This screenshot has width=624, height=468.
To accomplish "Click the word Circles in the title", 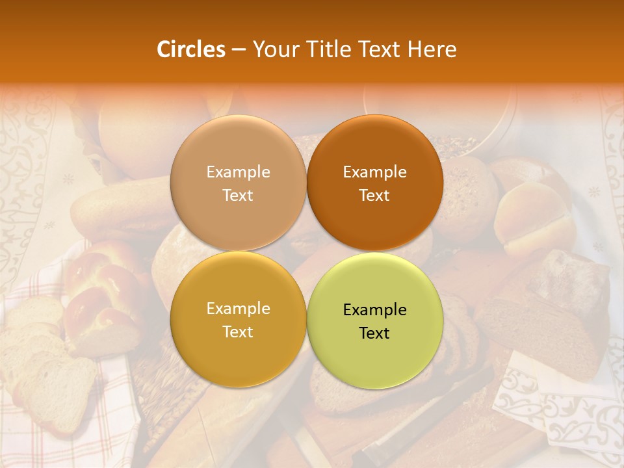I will click(x=191, y=49).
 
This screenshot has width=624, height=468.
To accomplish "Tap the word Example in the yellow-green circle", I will click(x=374, y=310).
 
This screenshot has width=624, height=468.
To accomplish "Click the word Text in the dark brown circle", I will click(x=374, y=196).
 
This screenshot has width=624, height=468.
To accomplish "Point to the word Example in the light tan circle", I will click(x=238, y=172).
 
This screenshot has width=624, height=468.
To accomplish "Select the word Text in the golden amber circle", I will click(x=238, y=332).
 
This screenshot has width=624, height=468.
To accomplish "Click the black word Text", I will click(x=374, y=333).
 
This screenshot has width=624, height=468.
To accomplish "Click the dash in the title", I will click(x=239, y=49).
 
